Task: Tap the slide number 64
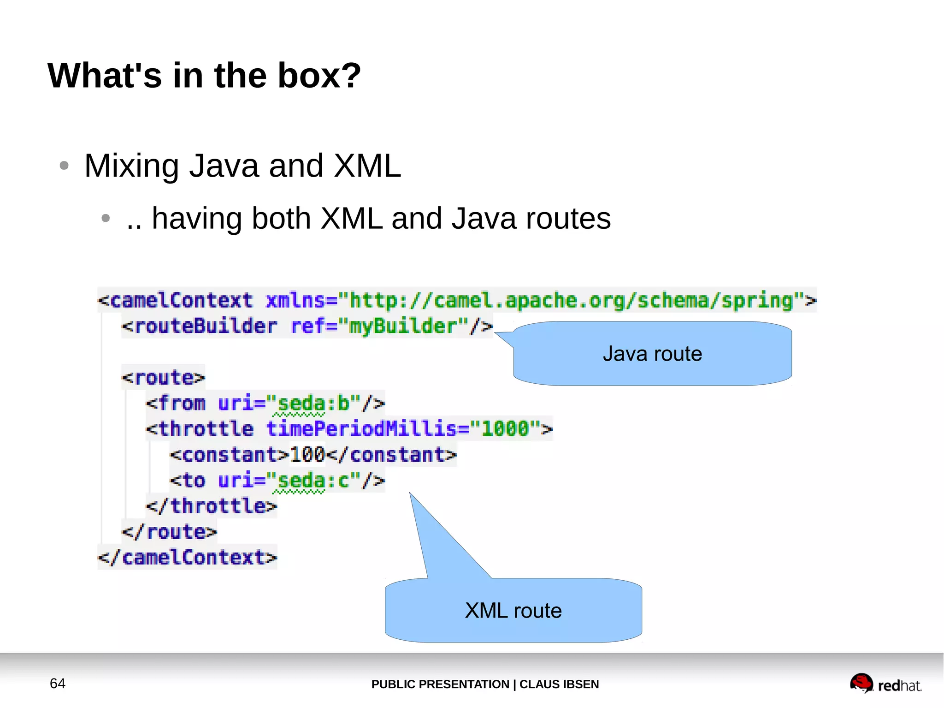[x=58, y=683]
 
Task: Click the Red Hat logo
[x=885, y=684]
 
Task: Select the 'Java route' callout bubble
[x=652, y=354]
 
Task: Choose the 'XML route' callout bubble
[x=513, y=610]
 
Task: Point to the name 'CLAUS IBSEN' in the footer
[x=559, y=684]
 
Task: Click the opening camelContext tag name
[x=182, y=300]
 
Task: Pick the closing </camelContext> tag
[x=188, y=557]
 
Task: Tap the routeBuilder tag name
[x=206, y=326]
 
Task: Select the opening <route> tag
[x=163, y=378]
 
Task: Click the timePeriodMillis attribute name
[x=361, y=429]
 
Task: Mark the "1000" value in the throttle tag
[x=504, y=429]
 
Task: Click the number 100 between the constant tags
[x=307, y=455]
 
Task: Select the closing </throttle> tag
[x=212, y=506]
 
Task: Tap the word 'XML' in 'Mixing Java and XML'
[x=367, y=166]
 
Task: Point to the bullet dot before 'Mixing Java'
[x=64, y=166]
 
